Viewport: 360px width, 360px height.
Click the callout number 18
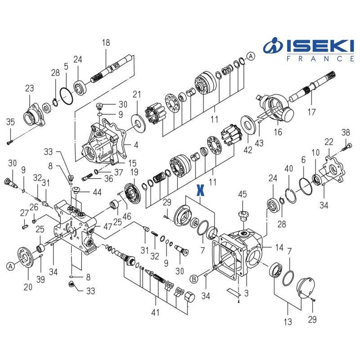coord(106,43)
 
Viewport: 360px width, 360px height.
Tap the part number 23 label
coord(29,89)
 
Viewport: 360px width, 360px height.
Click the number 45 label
coord(243,194)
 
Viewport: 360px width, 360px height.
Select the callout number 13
coord(288,322)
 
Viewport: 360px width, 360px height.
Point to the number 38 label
coord(346,132)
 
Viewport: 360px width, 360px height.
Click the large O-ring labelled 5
coord(66,97)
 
